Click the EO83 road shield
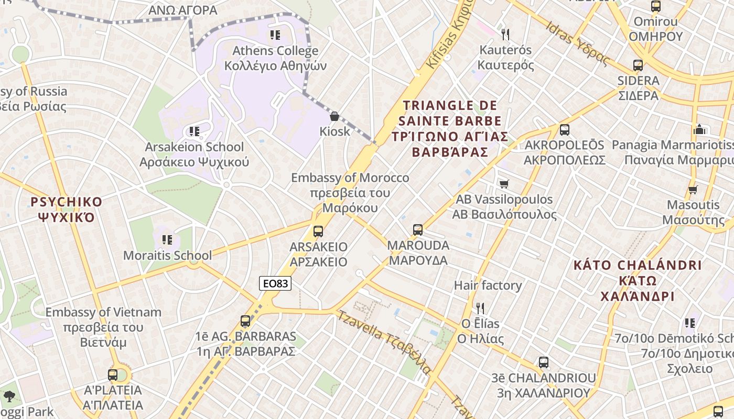275,283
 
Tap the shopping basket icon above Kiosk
334,116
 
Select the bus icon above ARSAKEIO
318,231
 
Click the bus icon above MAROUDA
417,229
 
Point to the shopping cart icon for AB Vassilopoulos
504,184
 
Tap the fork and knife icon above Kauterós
505,35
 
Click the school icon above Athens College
275,35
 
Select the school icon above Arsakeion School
194,131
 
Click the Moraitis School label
167,256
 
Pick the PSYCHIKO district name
66,202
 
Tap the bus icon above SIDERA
638,65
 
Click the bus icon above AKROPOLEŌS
564,130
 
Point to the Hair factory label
488,285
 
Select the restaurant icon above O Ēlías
479,308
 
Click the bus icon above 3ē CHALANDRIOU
543,362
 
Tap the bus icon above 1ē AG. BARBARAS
245,321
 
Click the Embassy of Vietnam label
103,312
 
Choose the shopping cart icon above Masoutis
693,190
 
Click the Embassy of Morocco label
350,178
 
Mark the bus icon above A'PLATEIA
113,375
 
